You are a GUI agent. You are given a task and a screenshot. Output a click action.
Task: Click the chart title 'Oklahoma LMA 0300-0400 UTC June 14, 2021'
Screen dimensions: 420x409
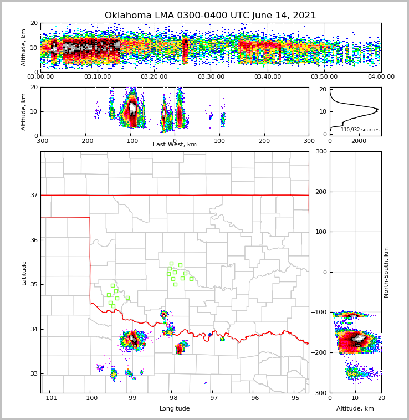210,16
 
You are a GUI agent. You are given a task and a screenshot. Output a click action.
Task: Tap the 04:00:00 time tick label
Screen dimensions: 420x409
381,77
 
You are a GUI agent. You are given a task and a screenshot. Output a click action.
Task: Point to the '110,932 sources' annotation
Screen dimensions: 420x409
360,130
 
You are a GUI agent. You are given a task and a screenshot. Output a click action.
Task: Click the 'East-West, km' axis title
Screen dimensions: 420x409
175,145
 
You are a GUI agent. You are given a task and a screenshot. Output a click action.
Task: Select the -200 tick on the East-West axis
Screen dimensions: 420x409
85,141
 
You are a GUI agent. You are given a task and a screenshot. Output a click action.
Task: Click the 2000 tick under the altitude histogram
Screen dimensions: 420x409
359,141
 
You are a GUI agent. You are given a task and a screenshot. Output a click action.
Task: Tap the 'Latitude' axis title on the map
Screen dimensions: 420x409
24,273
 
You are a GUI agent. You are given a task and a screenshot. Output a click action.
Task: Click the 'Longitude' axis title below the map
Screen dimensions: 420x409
175,409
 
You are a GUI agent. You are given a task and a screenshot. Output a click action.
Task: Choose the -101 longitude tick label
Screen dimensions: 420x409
49,398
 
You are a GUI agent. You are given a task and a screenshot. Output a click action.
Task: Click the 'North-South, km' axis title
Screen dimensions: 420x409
387,272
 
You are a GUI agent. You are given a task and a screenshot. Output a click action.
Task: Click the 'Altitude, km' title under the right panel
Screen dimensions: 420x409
355,409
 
